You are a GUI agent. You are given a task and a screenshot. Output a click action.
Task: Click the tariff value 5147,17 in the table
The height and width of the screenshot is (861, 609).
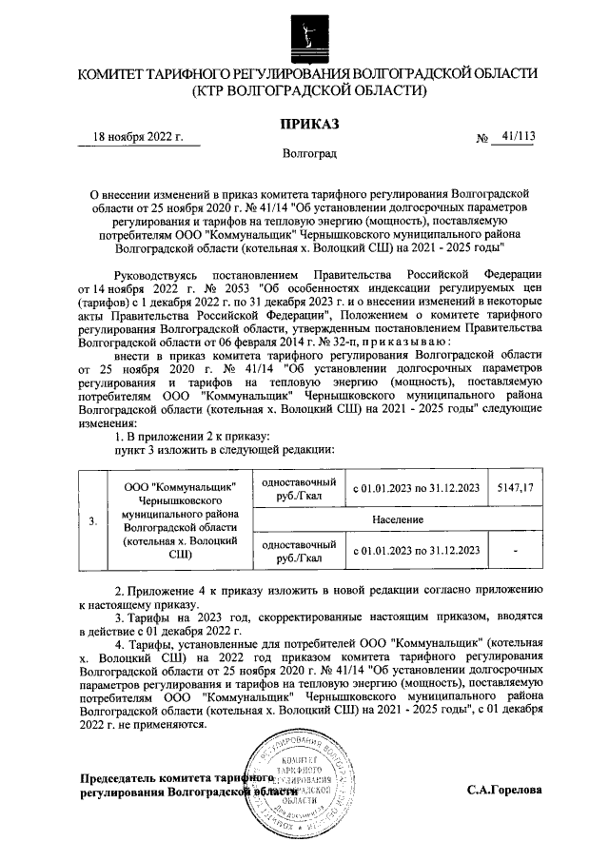(516, 488)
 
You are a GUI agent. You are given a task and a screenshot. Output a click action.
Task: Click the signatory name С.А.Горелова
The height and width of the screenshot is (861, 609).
(504, 790)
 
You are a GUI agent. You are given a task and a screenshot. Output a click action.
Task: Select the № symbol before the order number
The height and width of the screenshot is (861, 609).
(481, 138)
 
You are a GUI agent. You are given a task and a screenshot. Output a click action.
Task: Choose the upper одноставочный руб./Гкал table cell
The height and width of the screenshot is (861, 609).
(297, 489)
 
